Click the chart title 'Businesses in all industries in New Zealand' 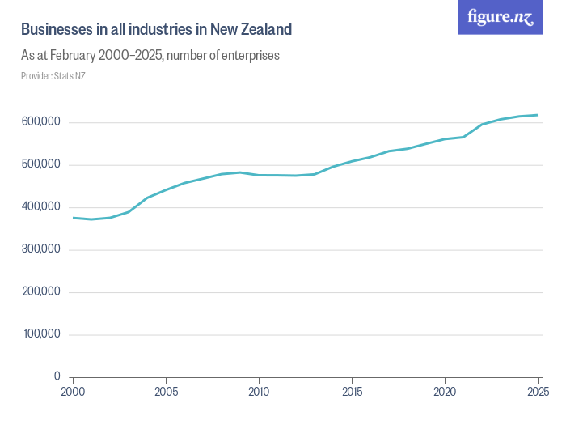click(x=156, y=30)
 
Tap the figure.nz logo click(x=501, y=17)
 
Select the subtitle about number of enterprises click(x=150, y=56)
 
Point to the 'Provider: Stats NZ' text click(x=53, y=76)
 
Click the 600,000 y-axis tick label click(x=40, y=122)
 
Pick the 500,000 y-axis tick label click(x=40, y=164)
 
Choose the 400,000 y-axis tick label click(x=40, y=207)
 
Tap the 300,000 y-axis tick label click(x=40, y=249)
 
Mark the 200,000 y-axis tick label click(x=40, y=291)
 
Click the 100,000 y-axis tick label click(x=40, y=334)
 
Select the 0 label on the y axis click(x=57, y=376)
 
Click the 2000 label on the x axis click(x=73, y=392)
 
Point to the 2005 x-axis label click(x=166, y=392)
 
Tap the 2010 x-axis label click(x=259, y=392)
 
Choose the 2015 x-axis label click(x=352, y=392)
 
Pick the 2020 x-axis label click(x=445, y=392)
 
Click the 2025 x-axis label click(x=537, y=392)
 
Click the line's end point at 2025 click(x=538, y=115)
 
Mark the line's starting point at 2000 click(x=73, y=218)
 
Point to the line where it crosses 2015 click(x=352, y=161)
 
